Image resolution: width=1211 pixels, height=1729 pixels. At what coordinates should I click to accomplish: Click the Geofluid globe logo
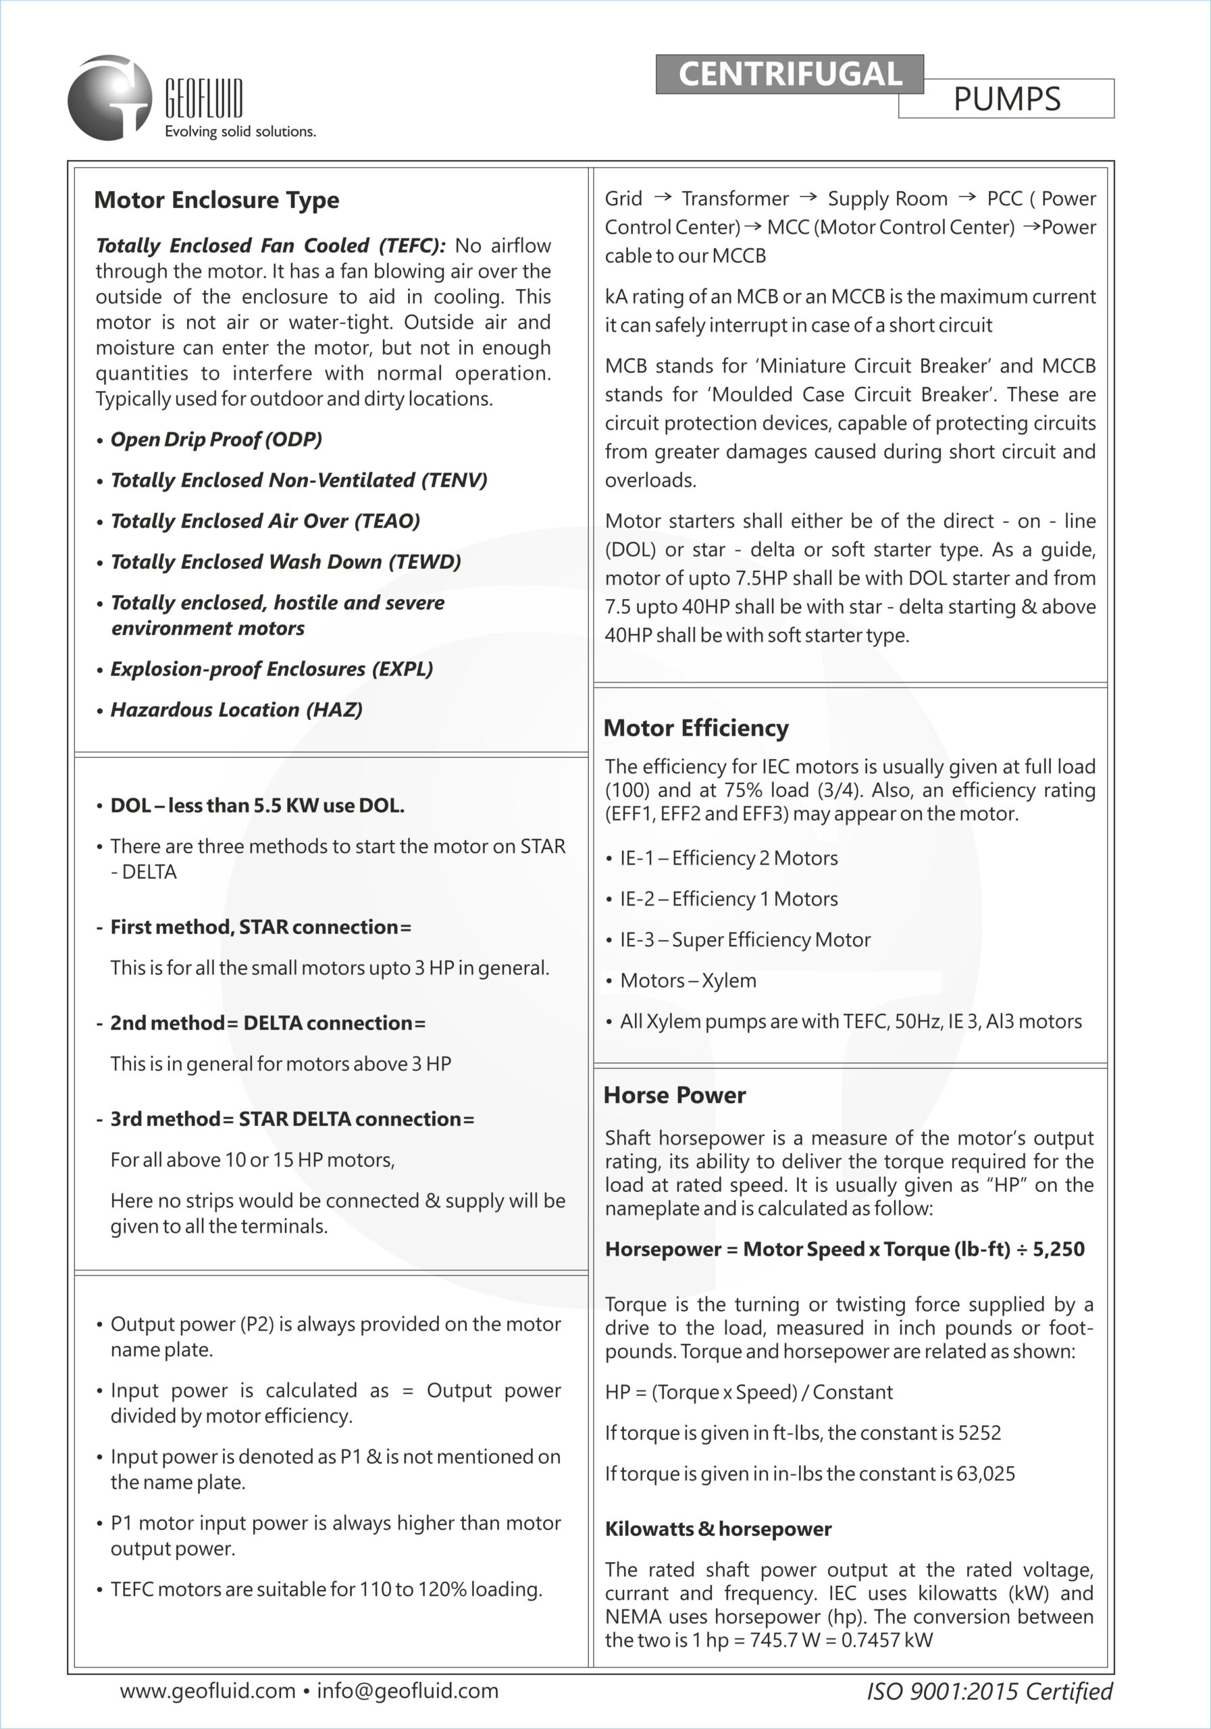pyautogui.click(x=110, y=97)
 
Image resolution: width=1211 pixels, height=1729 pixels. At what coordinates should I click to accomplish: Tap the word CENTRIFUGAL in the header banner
pyautogui.click(x=790, y=74)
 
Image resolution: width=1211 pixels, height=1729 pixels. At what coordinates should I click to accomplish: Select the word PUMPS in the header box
pyautogui.click(x=1007, y=99)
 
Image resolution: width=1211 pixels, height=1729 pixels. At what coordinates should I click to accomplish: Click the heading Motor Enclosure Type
pyautogui.click(x=216, y=201)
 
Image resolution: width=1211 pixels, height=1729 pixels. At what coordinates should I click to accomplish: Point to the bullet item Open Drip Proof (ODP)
pyautogui.click(x=216, y=440)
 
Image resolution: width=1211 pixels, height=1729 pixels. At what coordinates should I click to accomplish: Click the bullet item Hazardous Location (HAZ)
pyautogui.click(x=236, y=709)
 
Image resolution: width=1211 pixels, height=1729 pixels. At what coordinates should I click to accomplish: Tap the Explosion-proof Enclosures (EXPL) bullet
pyautogui.click(x=271, y=669)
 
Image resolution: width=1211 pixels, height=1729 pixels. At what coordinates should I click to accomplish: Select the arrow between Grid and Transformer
pyautogui.click(x=662, y=197)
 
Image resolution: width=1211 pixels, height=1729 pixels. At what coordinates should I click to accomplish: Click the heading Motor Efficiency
pyautogui.click(x=696, y=728)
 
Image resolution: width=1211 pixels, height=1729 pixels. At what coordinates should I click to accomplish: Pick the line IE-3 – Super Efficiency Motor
pyautogui.click(x=745, y=939)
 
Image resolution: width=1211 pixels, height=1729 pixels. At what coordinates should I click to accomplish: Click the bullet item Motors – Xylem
pyautogui.click(x=688, y=981)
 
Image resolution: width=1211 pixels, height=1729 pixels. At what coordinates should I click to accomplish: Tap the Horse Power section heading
pyautogui.click(x=674, y=1095)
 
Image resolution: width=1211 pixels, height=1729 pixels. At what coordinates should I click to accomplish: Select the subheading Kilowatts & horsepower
pyautogui.click(x=718, y=1530)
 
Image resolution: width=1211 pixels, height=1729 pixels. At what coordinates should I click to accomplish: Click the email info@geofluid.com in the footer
pyautogui.click(x=407, y=1691)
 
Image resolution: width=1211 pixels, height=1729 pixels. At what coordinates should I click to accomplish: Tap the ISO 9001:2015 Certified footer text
pyautogui.click(x=989, y=1691)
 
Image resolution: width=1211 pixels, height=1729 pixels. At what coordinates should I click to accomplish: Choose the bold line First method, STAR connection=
pyautogui.click(x=261, y=927)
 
